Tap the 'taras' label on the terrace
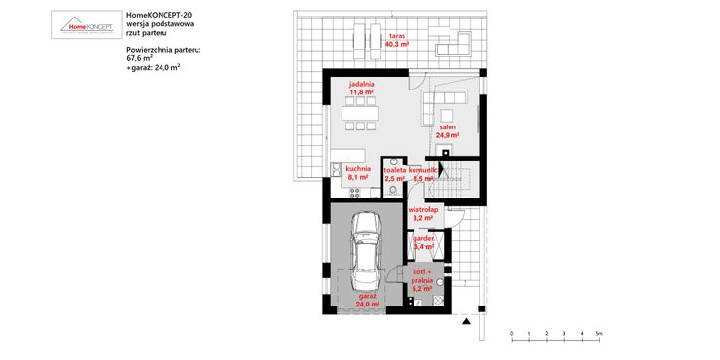(397, 35)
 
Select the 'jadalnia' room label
(362, 85)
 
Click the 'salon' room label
(448, 127)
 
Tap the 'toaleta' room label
(394, 170)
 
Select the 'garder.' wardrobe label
(423, 238)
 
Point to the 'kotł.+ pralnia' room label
(422, 277)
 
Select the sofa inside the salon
(449, 101)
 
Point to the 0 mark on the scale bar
(512, 334)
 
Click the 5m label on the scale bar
(600, 334)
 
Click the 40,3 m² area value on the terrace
(396, 45)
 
